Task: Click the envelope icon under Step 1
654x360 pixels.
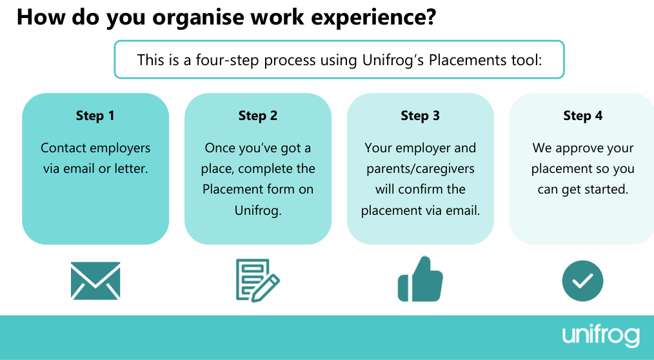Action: click(x=95, y=281)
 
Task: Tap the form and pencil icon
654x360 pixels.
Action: click(x=258, y=281)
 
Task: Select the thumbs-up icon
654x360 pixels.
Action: click(x=420, y=279)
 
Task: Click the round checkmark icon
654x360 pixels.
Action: click(x=582, y=281)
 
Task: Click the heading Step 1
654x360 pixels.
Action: click(x=95, y=115)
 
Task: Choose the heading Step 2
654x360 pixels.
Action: click(x=258, y=115)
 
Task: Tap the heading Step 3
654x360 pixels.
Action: click(x=420, y=115)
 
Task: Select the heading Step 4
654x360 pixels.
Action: click(x=582, y=115)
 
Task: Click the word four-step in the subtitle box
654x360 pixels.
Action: click(x=230, y=61)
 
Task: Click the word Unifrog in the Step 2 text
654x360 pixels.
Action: click(x=258, y=210)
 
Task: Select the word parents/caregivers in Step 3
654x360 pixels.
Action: click(x=421, y=169)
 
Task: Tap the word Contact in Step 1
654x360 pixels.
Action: click(x=63, y=148)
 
